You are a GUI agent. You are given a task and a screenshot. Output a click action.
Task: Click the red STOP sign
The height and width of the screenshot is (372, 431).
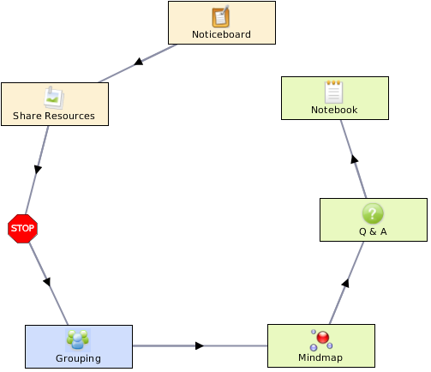(22, 229)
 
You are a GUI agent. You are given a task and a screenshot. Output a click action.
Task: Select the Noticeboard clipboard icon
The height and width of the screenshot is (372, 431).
(221, 16)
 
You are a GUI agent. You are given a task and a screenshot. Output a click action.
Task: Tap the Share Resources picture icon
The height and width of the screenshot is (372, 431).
(54, 98)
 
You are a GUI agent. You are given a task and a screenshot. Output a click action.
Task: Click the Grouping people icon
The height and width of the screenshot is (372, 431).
(78, 339)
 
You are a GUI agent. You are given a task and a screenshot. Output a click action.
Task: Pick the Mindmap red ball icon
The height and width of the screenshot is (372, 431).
(321, 339)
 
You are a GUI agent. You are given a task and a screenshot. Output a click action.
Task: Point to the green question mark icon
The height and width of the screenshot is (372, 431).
(373, 213)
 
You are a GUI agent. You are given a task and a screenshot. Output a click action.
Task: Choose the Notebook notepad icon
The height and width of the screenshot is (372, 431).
(333, 92)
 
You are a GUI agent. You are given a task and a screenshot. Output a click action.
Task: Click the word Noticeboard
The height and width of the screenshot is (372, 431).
(221, 34)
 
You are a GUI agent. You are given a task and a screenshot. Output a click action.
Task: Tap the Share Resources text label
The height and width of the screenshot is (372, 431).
(54, 116)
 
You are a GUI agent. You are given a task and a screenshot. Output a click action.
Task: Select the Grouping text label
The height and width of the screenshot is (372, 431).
(78, 358)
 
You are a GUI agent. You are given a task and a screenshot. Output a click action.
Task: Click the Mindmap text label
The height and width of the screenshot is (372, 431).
(320, 357)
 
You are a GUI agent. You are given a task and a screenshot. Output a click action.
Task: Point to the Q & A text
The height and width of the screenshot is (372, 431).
(373, 231)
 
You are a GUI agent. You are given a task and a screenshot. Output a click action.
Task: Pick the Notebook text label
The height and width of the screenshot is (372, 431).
(334, 110)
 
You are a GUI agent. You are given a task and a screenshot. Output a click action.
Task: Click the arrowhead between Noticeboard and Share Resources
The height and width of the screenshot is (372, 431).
(139, 62)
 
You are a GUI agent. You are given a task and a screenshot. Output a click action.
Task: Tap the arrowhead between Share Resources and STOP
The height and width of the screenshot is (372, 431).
(38, 169)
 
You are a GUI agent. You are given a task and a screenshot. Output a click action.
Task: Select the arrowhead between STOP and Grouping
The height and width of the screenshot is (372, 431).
(47, 282)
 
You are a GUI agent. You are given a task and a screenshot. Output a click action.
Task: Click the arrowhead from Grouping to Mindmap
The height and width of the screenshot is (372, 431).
(200, 345)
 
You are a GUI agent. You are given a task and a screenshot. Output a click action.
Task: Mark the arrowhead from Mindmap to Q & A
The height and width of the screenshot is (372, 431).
(345, 283)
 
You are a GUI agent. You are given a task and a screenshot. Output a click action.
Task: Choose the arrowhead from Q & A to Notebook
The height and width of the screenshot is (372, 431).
(355, 159)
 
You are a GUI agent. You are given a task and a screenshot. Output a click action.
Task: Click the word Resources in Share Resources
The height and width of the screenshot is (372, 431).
(69, 116)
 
